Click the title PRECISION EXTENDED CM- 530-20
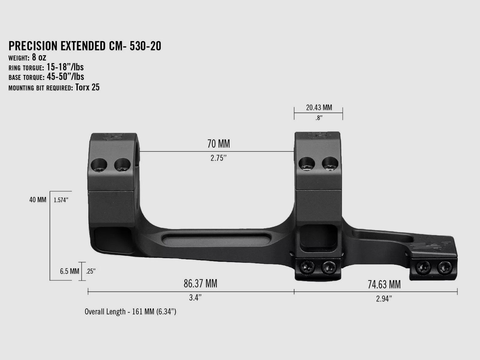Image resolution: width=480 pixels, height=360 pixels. (x=85, y=46)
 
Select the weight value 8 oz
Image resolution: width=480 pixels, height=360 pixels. (x=39, y=57)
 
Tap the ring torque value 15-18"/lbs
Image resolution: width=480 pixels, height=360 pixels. (x=65, y=67)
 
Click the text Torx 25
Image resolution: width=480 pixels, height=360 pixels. (x=87, y=87)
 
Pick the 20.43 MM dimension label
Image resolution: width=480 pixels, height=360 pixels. (x=319, y=107)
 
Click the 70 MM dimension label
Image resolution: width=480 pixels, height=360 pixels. (x=218, y=144)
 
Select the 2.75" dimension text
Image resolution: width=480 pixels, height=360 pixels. (x=218, y=158)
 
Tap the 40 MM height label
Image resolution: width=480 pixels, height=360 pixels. (x=38, y=199)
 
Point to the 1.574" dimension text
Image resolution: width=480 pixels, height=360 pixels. (x=61, y=200)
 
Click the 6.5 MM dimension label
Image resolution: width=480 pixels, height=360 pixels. (x=70, y=271)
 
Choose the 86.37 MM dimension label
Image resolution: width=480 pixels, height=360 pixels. (x=200, y=283)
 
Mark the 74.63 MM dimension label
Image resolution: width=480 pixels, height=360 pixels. (x=384, y=284)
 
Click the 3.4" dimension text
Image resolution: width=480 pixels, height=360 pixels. (x=195, y=298)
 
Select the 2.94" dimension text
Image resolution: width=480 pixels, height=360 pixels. (x=384, y=299)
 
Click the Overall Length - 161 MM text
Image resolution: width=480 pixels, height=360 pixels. (x=130, y=312)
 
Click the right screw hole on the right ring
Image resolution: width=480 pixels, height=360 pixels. (x=330, y=164)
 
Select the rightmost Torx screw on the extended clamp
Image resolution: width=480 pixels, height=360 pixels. (x=444, y=267)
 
